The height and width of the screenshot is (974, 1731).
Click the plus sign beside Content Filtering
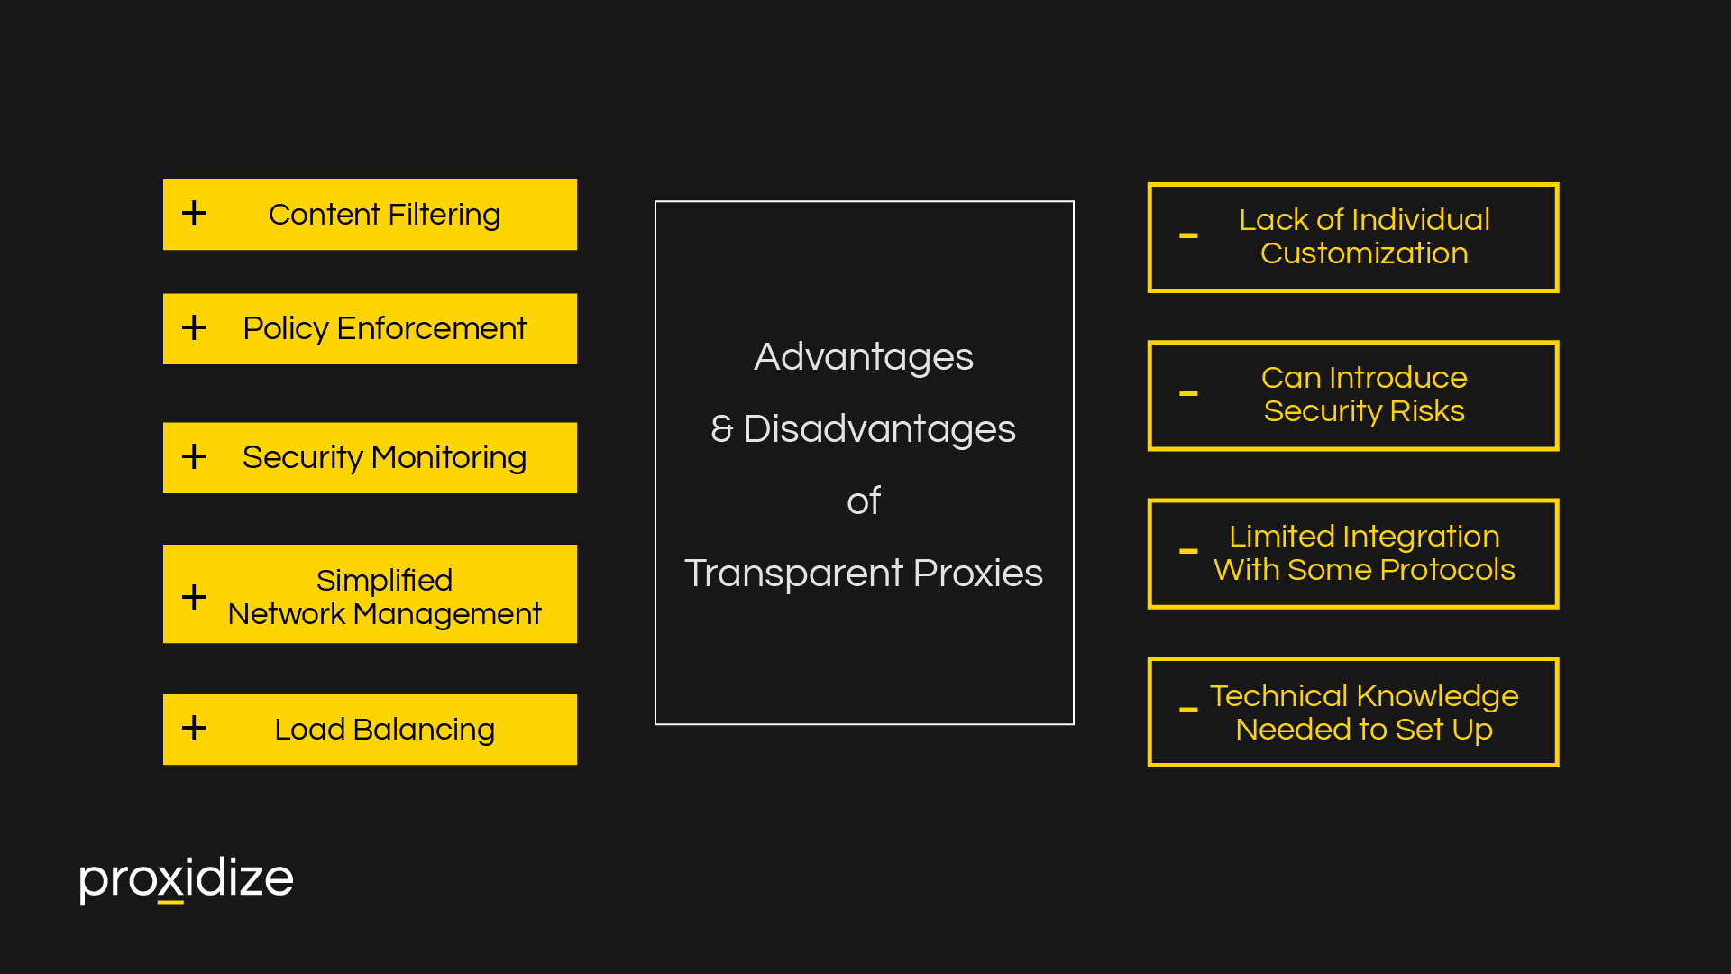coord(194,214)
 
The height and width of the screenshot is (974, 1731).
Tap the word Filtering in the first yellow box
coord(444,215)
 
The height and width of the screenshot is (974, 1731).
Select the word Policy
coord(285,328)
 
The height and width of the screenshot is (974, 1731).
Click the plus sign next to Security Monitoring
coord(194,456)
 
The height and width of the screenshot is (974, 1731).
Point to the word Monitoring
coord(448,457)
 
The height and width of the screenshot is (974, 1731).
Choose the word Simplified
coord(384,580)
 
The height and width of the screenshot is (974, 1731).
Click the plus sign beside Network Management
coord(194,596)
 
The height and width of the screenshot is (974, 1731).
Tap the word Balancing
coord(424,729)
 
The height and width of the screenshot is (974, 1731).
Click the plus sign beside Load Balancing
coord(194,728)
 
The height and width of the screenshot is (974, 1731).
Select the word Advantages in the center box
coord(863,357)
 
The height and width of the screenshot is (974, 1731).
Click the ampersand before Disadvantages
coord(721,429)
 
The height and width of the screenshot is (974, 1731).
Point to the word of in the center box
coord(863,501)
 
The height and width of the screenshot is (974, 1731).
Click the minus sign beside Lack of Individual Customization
coord(1188,236)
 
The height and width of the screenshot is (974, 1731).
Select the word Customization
coord(1363,253)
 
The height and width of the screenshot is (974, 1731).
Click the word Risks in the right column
coord(1427,411)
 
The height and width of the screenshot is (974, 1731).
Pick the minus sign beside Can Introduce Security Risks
coord(1188,394)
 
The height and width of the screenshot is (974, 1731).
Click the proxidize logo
coord(186,878)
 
